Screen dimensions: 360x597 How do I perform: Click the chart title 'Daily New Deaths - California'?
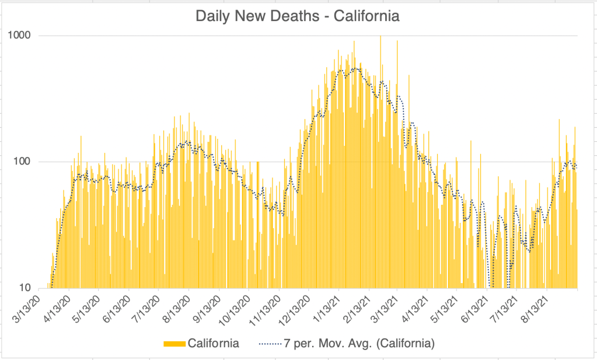point(298,16)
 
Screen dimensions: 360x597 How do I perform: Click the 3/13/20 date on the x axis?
point(28,309)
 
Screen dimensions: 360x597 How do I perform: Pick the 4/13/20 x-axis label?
point(58,309)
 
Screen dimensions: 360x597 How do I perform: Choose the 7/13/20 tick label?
point(147,309)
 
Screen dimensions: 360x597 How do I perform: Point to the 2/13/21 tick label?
point(356,309)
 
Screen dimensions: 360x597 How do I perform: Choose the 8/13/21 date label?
point(535,309)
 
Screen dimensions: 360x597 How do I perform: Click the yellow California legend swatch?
point(174,344)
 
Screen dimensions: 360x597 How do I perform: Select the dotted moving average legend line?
point(270,344)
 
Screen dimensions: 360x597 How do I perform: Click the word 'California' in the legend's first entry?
point(214,344)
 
